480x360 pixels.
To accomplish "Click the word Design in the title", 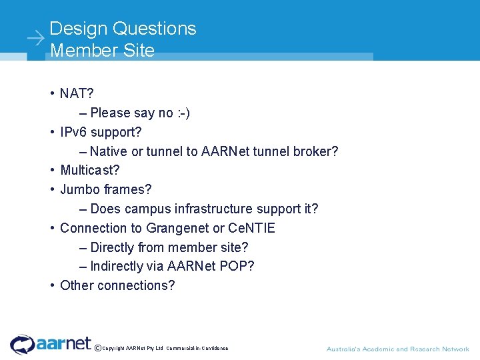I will pos(79,29).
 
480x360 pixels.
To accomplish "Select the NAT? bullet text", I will pos(77,94).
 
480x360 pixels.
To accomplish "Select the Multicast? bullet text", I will pos(89,171).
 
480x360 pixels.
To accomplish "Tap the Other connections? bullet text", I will pos(117,286).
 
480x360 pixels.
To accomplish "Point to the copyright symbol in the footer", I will pos(98,348).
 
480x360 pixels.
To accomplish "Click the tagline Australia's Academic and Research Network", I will pos(397,349).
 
